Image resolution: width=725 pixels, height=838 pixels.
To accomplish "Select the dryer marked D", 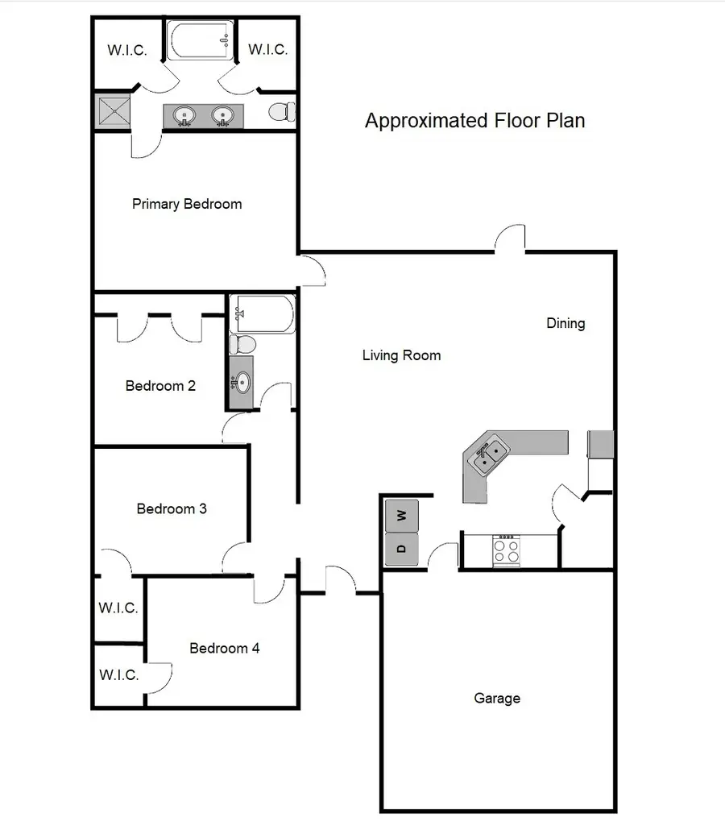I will pos(402,550).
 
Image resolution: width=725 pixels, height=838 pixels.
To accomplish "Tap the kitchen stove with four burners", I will pos(506,550).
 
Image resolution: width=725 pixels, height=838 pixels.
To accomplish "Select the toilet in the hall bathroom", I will pos(242,345).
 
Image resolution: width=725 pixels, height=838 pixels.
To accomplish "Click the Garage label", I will pos(496,699).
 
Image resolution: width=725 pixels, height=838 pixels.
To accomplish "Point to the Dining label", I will pos(565,323).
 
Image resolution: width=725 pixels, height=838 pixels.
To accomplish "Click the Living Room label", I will pos(401,355).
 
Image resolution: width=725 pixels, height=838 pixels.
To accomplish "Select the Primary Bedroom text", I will pos(187,204).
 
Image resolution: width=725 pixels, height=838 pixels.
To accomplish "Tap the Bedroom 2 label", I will pos(160,386).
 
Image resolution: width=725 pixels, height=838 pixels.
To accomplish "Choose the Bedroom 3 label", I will pos(172,508).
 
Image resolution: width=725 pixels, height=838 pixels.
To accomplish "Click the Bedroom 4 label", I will pos(224,648).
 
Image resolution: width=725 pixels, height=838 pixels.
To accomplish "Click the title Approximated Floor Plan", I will pos(474,121).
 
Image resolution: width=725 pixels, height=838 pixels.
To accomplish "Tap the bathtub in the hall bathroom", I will pos(263,313).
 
